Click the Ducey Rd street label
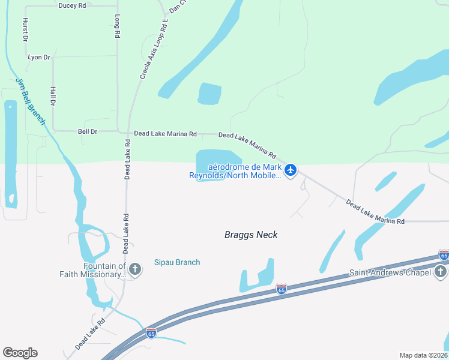[x=73, y=5]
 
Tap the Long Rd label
[x=118, y=28]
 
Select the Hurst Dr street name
[x=26, y=29]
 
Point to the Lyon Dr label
[x=39, y=57]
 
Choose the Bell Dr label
[x=88, y=131]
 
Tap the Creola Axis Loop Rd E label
[x=153, y=49]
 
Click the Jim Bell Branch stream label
[x=31, y=101]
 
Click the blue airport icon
[x=291, y=170]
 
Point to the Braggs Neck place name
[x=251, y=235]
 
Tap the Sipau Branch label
[x=177, y=262]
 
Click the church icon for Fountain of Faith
[x=135, y=269]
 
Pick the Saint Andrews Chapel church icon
[x=441, y=273]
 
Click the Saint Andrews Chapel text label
[x=390, y=273]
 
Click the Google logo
[x=20, y=353]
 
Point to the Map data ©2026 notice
[x=423, y=355]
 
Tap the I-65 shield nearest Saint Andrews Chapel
[x=444, y=255]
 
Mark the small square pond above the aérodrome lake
[x=209, y=94]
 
